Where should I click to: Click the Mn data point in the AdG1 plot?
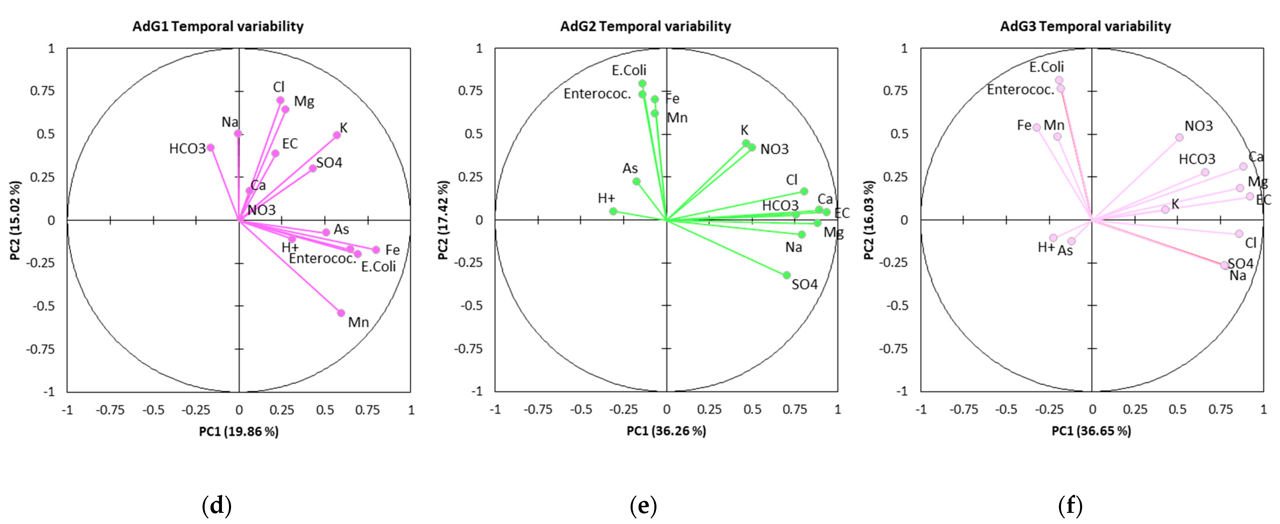tap(341, 313)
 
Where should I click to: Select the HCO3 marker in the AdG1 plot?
tap(211, 148)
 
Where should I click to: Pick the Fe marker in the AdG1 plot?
tap(376, 250)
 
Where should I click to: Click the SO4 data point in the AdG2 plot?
tap(786, 275)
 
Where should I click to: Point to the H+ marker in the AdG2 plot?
tap(614, 211)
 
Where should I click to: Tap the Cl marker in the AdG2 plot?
tap(804, 191)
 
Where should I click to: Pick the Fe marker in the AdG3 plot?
tap(1037, 127)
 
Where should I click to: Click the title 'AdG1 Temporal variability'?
tap(218, 26)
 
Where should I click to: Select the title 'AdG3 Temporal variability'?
tap(1085, 26)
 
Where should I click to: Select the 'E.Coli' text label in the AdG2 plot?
tap(629, 70)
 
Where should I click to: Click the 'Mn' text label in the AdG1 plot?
tap(358, 322)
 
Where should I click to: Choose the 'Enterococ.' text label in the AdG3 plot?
tap(1020, 90)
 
